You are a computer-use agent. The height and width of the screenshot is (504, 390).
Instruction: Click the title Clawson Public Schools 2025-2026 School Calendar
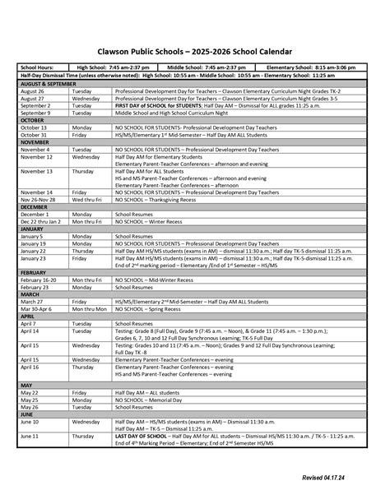coord(195,50)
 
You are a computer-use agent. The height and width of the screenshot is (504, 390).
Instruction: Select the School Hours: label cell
coord(38,67)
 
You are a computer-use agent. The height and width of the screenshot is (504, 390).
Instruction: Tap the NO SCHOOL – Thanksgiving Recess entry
coord(160,199)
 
